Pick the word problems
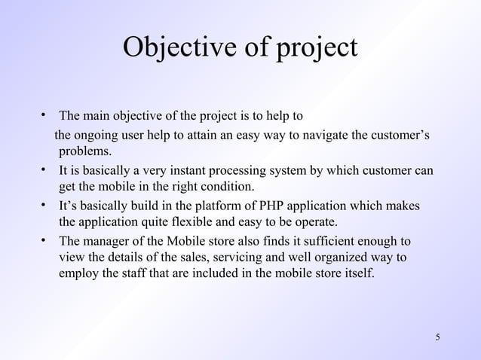[x=85, y=151]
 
